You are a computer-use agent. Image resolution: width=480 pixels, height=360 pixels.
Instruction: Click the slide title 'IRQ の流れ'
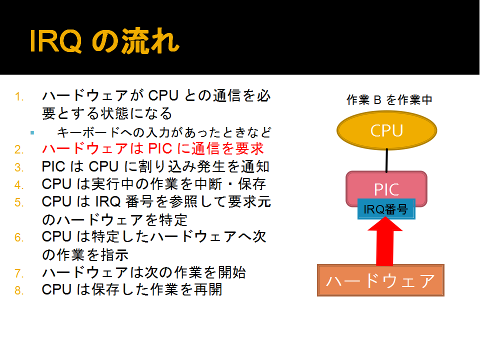point(104,40)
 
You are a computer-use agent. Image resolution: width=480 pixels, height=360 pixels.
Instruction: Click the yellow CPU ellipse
point(386,130)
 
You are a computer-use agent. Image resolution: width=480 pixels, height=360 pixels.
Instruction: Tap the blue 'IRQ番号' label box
point(386,209)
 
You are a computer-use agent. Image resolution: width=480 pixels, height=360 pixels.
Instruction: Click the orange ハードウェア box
point(380,280)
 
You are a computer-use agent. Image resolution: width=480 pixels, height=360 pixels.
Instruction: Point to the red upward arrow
point(385,241)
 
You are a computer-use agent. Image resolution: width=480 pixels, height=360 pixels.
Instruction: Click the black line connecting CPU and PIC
point(386,160)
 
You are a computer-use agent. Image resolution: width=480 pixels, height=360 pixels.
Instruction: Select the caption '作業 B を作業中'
point(389,100)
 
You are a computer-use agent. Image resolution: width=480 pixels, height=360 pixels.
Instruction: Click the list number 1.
point(19,96)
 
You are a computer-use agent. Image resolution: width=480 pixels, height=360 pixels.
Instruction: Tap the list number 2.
point(19,149)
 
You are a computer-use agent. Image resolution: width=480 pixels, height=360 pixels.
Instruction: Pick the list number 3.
point(19,167)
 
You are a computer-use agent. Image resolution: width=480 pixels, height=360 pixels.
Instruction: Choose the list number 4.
point(19,185)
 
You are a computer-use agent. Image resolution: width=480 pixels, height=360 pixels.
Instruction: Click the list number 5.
point(19,202)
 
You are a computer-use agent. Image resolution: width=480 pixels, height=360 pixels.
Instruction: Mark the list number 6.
point(19,237)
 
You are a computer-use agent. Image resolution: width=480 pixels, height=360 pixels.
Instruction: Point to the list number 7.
point(19,273)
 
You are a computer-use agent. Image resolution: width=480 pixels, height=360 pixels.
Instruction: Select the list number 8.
point(19,290)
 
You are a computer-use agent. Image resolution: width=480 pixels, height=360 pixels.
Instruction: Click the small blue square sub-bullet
point(32,133)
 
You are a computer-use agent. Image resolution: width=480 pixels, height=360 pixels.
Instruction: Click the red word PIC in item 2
point(160,149)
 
